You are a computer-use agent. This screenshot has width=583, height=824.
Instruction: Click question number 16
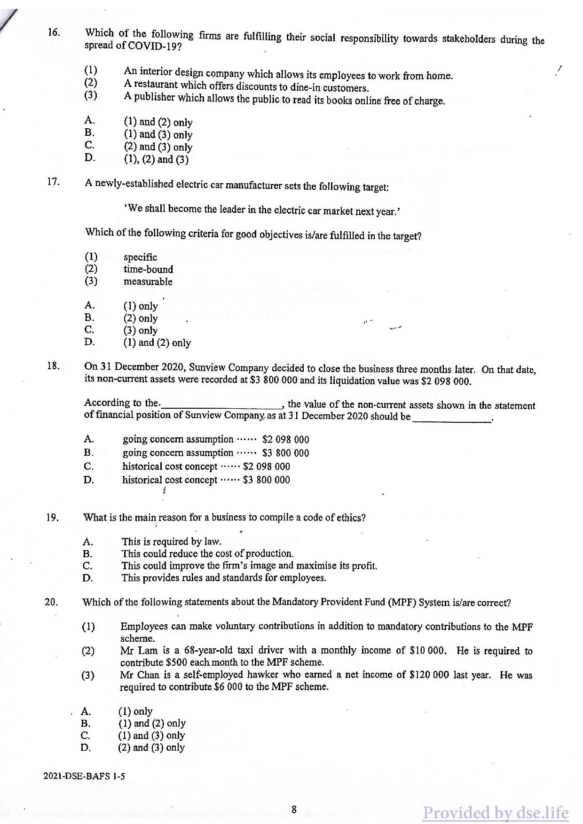[x=54, y=32]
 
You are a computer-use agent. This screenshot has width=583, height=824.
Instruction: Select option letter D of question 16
[x=89, y=157]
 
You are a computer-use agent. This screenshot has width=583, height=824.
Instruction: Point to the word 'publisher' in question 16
[x=152, y=98]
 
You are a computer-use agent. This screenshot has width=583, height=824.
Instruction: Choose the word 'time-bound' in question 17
[x=148, y=269]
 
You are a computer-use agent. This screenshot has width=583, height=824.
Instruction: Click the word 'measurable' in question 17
[x=148, y=281]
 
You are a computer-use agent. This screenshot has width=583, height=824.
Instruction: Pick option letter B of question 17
[x=89, y=317]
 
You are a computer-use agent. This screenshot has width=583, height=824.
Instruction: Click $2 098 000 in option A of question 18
[x=285, y=440]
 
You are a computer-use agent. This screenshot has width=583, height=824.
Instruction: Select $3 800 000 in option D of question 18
[x=266, y=480]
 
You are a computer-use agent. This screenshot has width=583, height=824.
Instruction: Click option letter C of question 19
[x=88, y=566]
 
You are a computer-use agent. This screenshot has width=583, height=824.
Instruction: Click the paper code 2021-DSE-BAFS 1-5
[x=84, y=777]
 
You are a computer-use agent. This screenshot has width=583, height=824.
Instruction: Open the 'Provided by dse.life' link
[x=495, y=813]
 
